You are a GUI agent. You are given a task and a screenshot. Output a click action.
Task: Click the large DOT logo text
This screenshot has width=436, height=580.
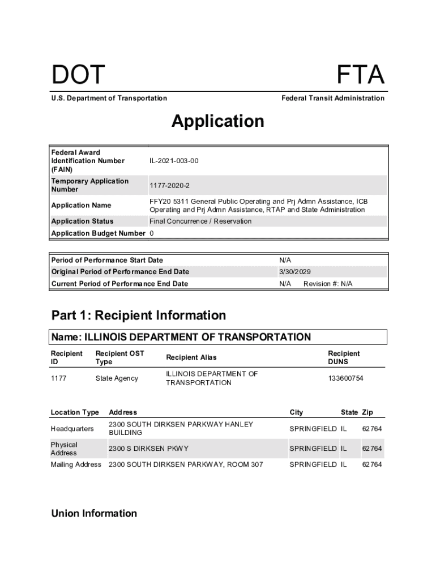[x=78, y=75]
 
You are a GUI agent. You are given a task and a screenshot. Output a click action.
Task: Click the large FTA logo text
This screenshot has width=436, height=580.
[x=361, y=75]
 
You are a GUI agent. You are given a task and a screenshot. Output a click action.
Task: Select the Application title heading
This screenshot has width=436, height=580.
[x=218, y=121]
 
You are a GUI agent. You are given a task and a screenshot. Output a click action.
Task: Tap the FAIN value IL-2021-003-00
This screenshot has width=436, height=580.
[x=174, y=161]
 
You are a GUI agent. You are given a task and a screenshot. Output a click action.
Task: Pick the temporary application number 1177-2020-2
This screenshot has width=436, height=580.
[x=169, y=185]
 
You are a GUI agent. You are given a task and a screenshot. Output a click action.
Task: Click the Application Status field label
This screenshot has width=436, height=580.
[x=82, y=221]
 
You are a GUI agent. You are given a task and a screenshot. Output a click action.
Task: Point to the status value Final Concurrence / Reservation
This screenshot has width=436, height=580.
[x=200, y=221]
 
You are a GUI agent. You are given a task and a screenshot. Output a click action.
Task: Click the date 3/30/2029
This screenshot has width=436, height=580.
[x=295, y=272]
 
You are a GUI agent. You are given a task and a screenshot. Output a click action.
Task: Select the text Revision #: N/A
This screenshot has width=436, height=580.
[x=328, y=284]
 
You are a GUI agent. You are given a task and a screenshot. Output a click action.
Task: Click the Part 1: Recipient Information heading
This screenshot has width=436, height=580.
[x=139, y=315]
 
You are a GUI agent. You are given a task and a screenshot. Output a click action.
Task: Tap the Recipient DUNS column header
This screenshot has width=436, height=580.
[x=343, y=357]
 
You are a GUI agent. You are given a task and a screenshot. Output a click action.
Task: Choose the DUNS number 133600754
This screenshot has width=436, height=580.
[x=345, y=378]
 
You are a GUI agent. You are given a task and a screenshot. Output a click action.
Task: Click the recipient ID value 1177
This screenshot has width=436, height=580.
[x=59, y=378]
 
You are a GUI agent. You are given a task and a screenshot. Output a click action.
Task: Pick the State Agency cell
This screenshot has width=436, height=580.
[x=117, y=378]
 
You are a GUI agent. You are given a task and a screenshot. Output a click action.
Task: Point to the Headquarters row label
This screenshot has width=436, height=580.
[x=72, y=429]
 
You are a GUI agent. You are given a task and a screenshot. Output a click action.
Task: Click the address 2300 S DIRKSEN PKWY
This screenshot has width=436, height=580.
[x=148, y=449]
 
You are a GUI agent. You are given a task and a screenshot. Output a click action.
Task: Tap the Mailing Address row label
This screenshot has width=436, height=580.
[x=76, y=464]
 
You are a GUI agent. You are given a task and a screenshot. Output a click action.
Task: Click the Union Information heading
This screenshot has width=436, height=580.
[x=94, y=514]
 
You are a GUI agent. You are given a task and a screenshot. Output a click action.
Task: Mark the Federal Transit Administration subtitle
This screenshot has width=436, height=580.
[x=332, y=99]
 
